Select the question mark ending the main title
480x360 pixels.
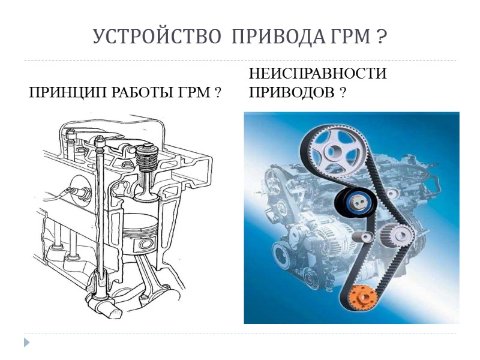382,37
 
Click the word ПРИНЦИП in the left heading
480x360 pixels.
64,94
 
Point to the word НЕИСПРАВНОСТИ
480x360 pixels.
317,74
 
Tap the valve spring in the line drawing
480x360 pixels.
143,162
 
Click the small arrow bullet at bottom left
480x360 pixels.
26,342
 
